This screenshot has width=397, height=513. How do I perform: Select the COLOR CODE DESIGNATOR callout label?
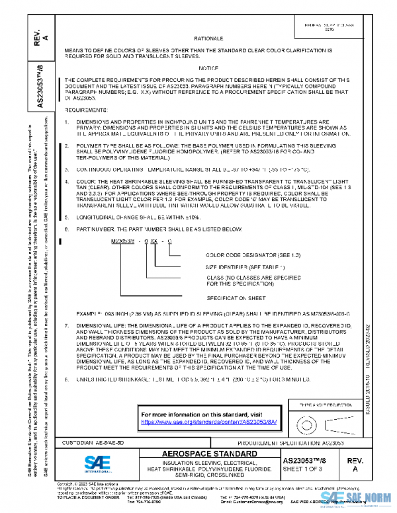pyautogui.click(x=242, y=255)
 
